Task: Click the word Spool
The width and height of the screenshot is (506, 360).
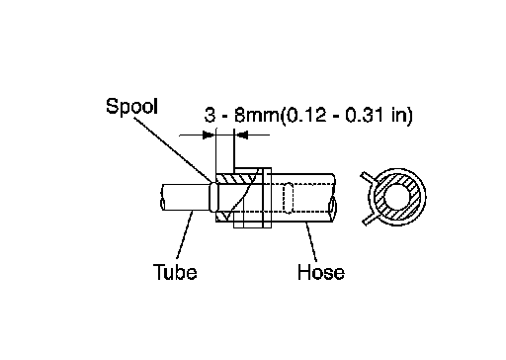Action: (x=131, y=106)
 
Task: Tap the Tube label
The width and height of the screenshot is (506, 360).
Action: (x=175, y=272)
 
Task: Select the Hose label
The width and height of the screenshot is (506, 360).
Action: (x=321, y=272)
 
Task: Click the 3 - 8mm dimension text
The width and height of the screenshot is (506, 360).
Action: (x=241, y=115)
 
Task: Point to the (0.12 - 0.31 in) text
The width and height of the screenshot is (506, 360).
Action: (x=346, y=116)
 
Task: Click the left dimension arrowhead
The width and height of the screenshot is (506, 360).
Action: (x=209, y=135)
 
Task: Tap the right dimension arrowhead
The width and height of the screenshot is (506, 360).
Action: (x=241, y=135)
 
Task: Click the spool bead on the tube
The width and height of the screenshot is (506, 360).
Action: (x=214, y=197)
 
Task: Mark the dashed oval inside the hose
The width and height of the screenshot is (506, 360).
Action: (x=289, y=198)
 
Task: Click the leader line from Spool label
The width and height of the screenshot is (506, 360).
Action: (x=172, y=148)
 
